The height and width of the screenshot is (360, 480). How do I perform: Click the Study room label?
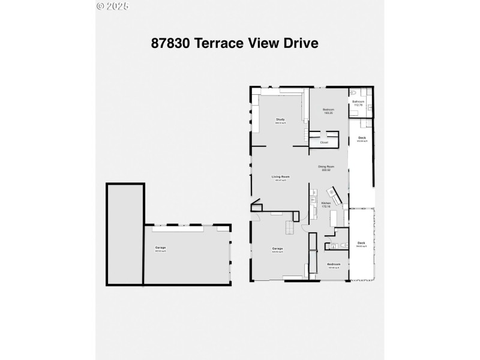(280, 120)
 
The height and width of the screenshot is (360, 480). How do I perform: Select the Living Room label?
(280, 176)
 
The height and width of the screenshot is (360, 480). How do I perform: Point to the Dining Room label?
(326, 166)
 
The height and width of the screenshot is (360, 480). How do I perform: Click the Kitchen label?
(326, 203)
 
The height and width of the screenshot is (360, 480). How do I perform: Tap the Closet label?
(324, 142)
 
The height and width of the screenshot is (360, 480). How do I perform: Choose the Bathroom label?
(358, 101)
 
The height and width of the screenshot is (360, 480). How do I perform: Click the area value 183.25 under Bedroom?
(328, 113)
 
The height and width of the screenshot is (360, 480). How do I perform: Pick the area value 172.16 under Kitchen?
(326, 207)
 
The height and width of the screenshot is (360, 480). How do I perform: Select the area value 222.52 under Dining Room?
(326, 170)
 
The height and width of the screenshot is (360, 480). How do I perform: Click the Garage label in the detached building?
(161, 248)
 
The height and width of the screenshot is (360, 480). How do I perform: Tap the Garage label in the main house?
(277, 248)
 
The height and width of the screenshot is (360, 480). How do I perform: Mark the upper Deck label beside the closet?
(361, 139)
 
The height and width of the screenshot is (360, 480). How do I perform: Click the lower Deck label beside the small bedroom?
(361, 243)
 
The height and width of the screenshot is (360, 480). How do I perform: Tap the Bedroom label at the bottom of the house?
(334, 265)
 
